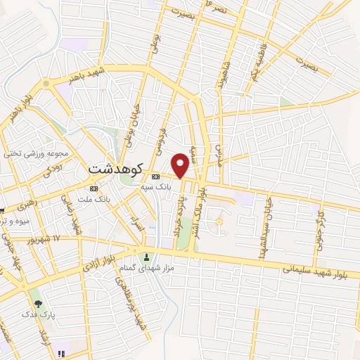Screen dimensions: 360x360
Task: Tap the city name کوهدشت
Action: click(x=117, y=169)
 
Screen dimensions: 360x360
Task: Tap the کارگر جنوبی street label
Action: click(x=321, y=223)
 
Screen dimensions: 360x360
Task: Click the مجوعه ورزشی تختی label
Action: click(x=37, y=153)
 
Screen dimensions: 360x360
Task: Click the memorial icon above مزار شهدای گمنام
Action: click(x=147, y=257)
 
